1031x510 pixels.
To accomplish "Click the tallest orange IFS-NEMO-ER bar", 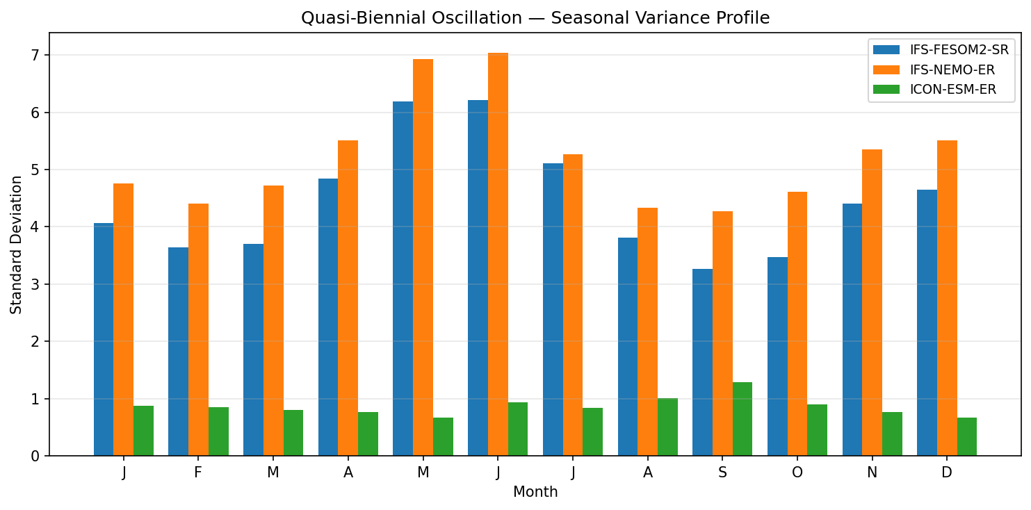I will click(x=498, y=254).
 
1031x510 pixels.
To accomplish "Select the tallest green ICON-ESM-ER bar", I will click(x=742, y=419).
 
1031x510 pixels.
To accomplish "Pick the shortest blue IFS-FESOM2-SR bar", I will click(x=702, y=362).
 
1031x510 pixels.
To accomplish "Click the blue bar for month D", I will click(x=927, y=323).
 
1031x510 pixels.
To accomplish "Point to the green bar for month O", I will click(x=817, y=430).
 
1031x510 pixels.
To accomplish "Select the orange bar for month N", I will click(x=872, y=303).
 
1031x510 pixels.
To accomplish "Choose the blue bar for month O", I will click(x=777, y=356).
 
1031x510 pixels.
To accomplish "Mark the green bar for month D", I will click(x=966, y=436).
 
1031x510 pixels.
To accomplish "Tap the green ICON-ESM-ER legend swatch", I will click(x=886, y=89).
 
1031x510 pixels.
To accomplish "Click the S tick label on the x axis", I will click(x=722, y=473).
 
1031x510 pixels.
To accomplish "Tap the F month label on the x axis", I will click(x=198, y=473).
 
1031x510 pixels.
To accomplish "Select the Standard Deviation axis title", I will click(x=16, y=245).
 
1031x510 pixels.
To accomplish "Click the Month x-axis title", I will click(x=535, y=493).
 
